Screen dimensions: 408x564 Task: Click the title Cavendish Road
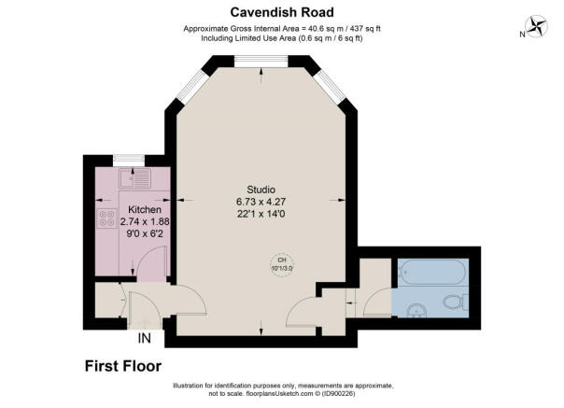pos(283,11)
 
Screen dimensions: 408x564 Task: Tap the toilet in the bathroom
pos(455,302)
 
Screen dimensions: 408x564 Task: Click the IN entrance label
pos(145,338)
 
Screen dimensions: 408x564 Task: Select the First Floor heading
pos(122,365)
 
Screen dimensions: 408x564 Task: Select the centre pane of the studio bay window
pos(261,63)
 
